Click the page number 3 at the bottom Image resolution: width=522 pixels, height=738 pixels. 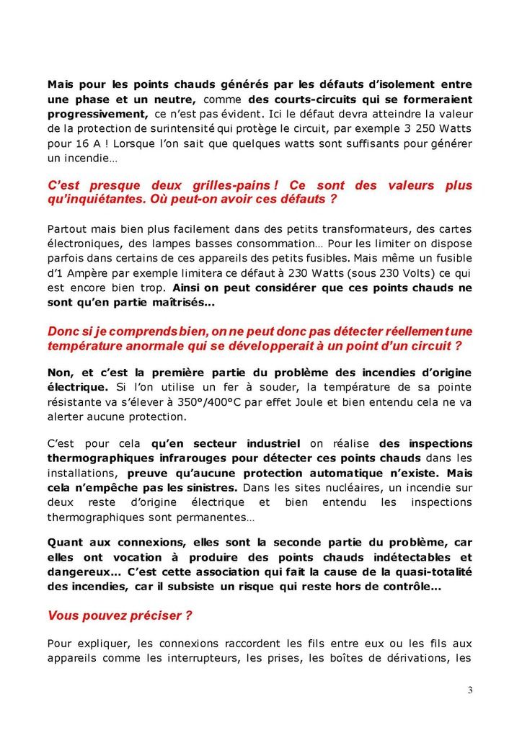[x=470, y=690]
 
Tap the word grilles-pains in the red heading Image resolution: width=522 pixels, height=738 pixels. [x=221, y=186]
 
